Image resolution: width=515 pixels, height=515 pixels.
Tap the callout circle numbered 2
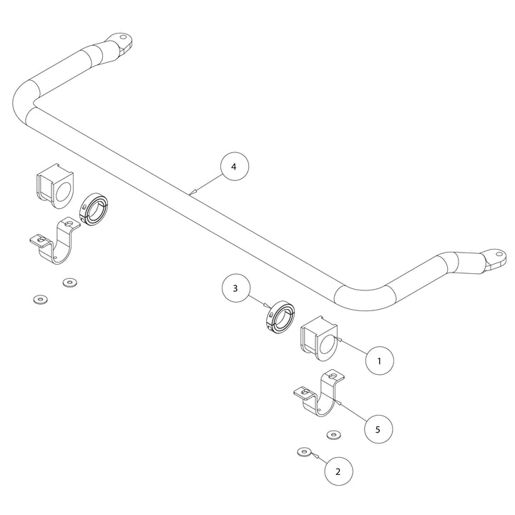pos(338,471)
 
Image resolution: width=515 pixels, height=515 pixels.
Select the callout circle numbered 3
pos(235,289)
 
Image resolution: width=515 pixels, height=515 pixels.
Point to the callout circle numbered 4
pos(234,167)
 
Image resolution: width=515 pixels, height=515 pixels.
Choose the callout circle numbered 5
pos(378,428)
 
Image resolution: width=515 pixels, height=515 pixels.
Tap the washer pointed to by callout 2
pos(303,452)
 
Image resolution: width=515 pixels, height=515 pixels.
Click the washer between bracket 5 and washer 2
pos(333,434)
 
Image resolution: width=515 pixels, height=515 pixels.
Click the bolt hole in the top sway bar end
pos(123,37)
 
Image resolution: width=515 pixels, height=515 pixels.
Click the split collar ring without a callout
pos(93,210)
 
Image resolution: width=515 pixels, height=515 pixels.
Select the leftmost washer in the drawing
pos(39,298)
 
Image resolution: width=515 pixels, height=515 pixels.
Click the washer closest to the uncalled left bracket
pos(69,282)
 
